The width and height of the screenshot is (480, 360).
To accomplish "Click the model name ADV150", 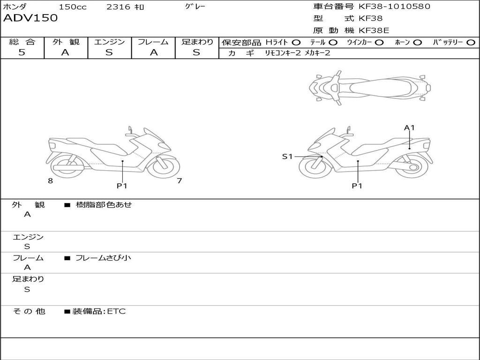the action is (x=30, y=18).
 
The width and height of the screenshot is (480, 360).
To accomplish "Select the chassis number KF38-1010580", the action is (x=394, y=7).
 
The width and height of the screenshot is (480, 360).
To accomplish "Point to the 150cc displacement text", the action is (x=73, y=7).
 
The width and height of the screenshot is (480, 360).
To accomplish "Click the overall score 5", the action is (x=22, y=52).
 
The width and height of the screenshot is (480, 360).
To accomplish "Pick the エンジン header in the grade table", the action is (x=109, y=42).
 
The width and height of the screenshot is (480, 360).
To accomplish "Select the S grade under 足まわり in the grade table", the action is (x=196, y=52).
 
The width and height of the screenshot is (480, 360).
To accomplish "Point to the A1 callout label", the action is (x=410, y=127).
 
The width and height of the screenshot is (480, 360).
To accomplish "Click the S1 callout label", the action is (x=287, y=157).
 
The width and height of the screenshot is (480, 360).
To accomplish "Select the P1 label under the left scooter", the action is (x=122, y=186).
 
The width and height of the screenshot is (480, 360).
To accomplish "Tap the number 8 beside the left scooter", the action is (x=50, y=181).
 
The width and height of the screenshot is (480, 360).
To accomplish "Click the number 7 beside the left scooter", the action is (x=179, y=181).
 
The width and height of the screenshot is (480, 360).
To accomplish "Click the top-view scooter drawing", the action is (x=369, y=87).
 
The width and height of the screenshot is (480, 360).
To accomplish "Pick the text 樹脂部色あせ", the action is (x=104, y=205).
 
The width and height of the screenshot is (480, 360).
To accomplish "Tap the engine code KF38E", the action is (x=374, y=30).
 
